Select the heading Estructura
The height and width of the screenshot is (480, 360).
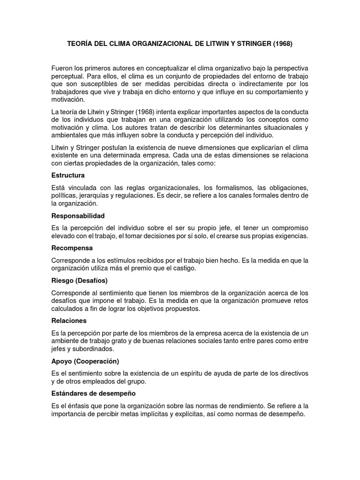click(x=67, y=175)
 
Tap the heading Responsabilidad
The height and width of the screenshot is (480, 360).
click(x=77, y=216)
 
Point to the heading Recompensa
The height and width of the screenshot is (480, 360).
click(x=72, y=247)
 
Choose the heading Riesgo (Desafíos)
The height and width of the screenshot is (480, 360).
click(x=79, y=280)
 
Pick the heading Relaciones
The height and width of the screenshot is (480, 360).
click(x=69, y=321)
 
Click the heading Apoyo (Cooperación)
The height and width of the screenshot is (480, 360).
click(x=85, y=361)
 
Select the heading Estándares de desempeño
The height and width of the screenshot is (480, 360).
click(x=93, y=393)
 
